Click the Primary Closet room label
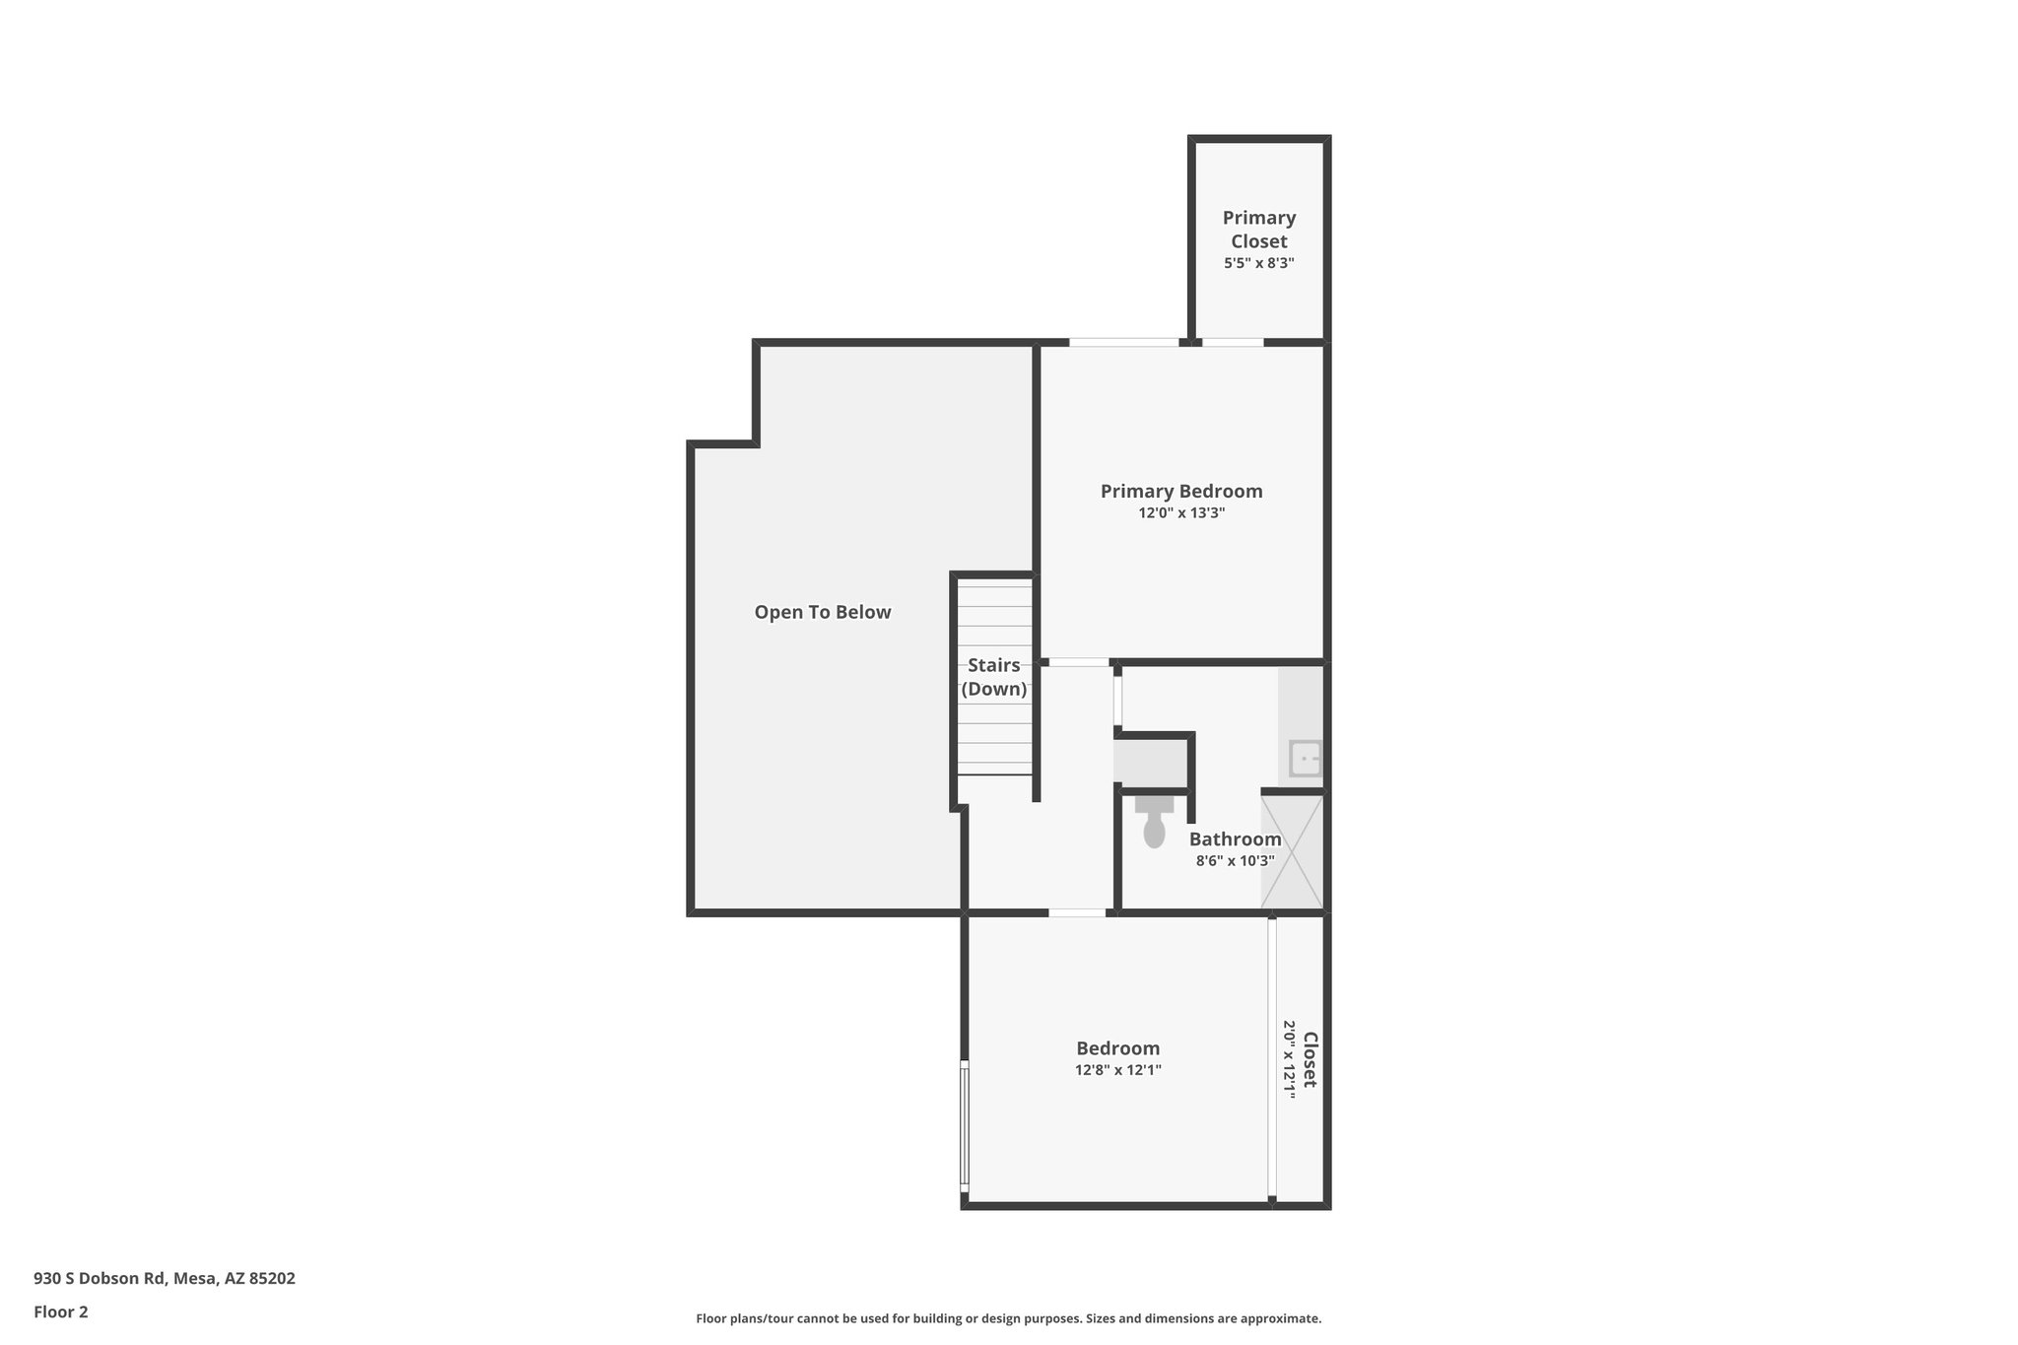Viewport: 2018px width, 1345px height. tap(1258, 229)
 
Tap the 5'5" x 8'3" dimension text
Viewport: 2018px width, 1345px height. tap(1258, 263)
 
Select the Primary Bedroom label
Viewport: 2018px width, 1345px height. tap(1180, 491)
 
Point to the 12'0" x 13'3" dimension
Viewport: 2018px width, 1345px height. tap(1180, 513)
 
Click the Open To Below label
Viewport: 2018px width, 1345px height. tap(822, 612)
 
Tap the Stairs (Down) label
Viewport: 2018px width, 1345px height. tap(993, 677)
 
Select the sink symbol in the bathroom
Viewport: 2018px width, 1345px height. tap(1306, 759)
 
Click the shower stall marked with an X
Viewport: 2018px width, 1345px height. tap(1292, 851)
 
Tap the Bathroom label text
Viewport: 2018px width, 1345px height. tap(1235, 839)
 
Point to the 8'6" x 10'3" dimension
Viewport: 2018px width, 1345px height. tap(1235, 861)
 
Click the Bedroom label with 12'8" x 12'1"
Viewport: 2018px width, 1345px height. tap(1117, 1048)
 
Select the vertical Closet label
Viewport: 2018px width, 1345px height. tap(1310, 1059)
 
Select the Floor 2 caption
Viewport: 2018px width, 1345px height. tap(61, 1311)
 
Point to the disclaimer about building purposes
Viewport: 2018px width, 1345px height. tap(1008, 1318)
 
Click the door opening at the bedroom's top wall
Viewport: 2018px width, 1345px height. tap(1076, 913)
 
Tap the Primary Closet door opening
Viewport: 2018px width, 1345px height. tap(1232, 343)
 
